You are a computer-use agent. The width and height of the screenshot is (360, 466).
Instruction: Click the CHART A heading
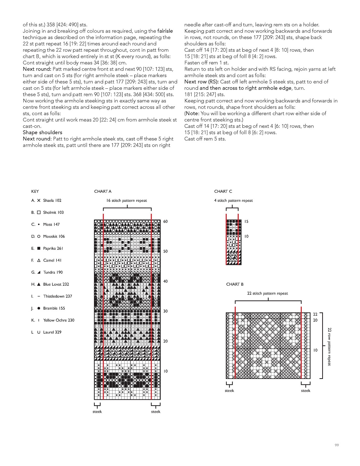(x=103, y=191)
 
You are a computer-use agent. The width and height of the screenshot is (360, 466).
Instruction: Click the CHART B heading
(x=235, y=284)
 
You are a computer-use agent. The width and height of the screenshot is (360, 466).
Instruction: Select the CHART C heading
(x=223, y=191)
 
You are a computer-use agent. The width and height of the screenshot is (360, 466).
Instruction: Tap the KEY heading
(x=35, y=191)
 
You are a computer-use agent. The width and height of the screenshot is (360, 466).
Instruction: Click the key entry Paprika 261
(x=53, y=248)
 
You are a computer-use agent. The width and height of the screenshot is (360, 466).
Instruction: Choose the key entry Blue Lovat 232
(x=56, y=284)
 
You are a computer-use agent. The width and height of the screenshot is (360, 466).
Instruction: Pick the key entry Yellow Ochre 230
(x=59, y=320)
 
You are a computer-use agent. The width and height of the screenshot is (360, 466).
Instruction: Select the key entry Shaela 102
(x=52, y=201)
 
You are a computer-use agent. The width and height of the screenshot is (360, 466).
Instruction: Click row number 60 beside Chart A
(x=166, y=222)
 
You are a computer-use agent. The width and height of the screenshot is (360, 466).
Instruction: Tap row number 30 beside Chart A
(x=166, y=311)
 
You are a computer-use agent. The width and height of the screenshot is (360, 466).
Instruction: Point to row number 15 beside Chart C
(x=246, y=222)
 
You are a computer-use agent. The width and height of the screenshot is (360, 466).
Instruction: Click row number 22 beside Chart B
(x=315, y=314)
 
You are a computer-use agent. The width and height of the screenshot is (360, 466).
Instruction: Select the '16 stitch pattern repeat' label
(x=127, y=201)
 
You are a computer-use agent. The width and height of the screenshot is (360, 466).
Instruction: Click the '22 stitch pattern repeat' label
(x=267, y=293)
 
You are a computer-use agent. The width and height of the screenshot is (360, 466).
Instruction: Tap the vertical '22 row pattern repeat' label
(x=329, y=346)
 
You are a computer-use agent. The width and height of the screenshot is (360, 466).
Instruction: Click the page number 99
(x=337, y=445)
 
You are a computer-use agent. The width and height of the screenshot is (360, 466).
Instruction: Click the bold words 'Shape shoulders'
(x=42, y=132)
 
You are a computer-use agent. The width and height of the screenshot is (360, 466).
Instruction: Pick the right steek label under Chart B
(x=305, y=391)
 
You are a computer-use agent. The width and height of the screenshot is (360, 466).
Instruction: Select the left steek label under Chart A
(x=97, y=412)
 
